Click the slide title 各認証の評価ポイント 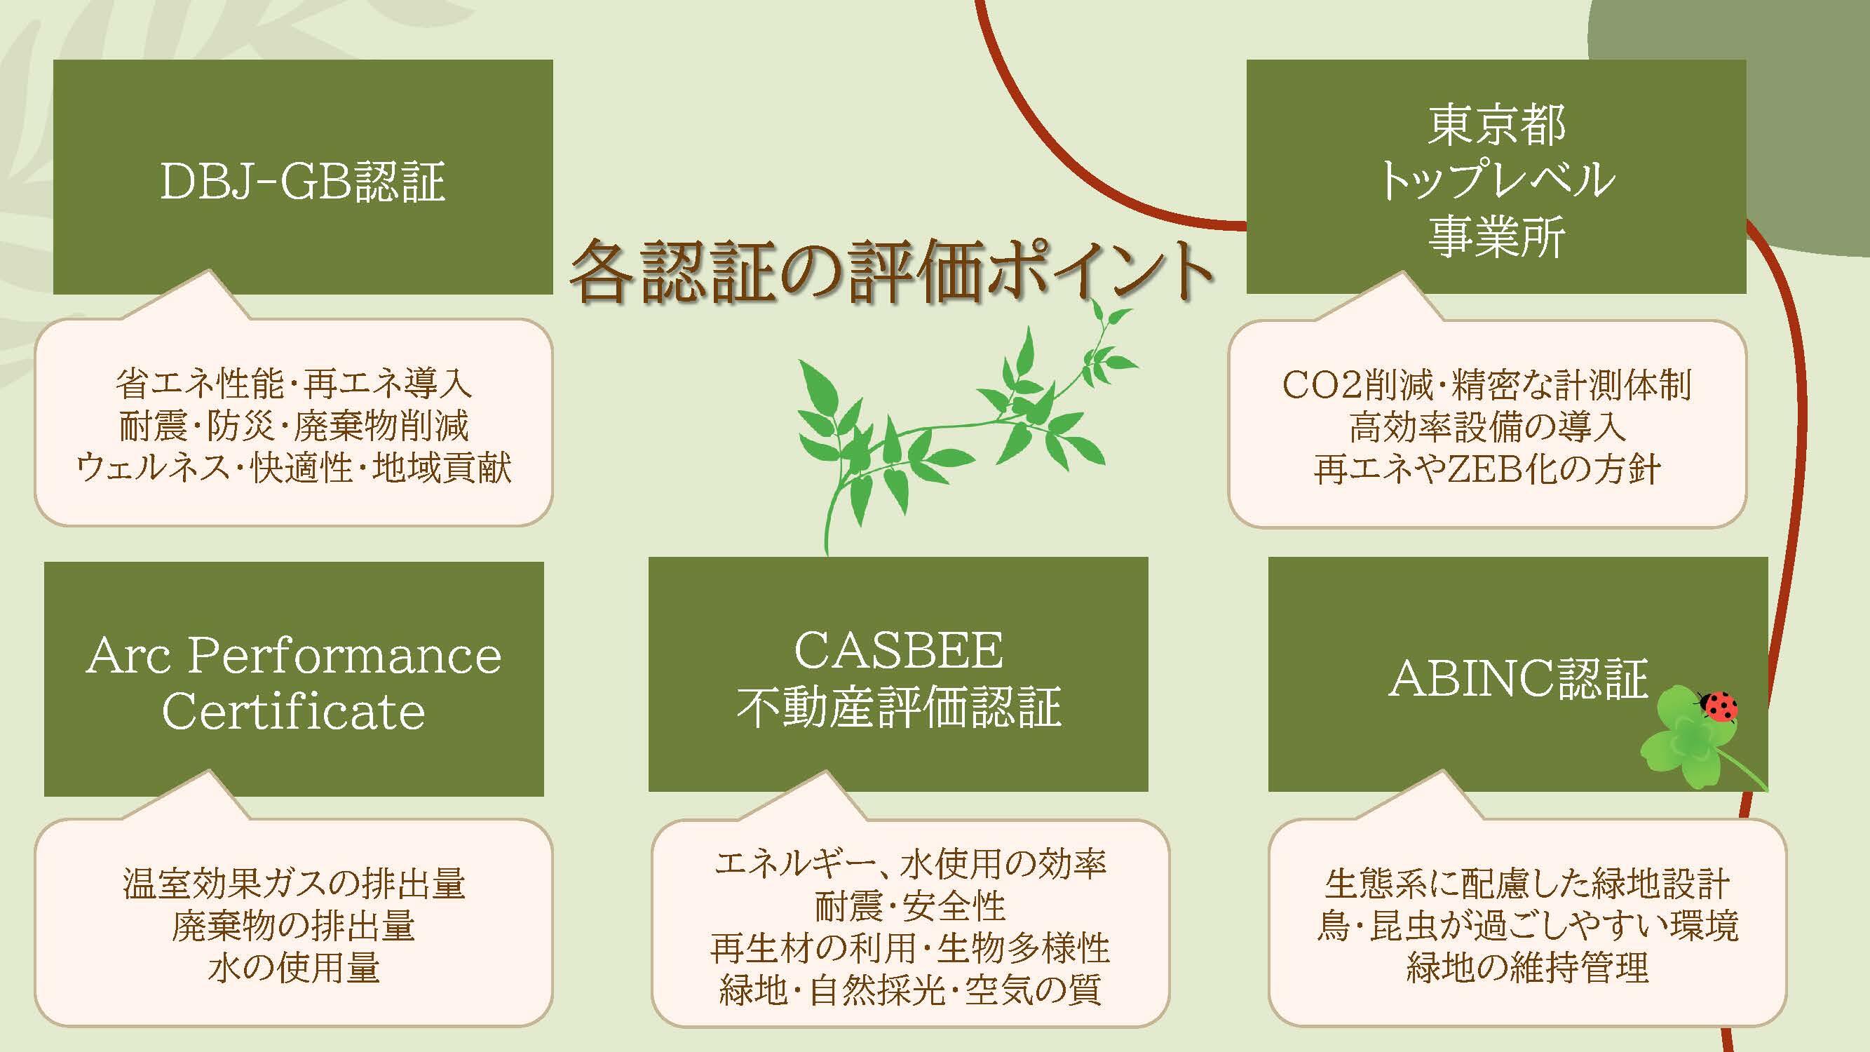pyautogui.click(x=891, y=271)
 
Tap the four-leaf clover pyautogui.click(x=1683, y=746)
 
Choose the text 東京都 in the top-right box pyautogui.click(x=1496, y=125)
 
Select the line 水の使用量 pyautogui.click(x=294, y=967)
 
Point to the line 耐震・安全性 pyautogui.click(x=909, y=905)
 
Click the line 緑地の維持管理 pyautogui.click(x=1527, y=967)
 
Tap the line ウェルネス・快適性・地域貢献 pyautogui.click(x=294, y=468)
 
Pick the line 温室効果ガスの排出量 pyautogui.click(x=294, y=883)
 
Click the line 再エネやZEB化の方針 pyautogui.click(x=1486, y=468)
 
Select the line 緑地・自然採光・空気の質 pyautogui.click(x=910, y=990)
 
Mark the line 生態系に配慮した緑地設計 pyautogui.click(x=1527, y=883)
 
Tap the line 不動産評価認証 pyautogui.click(x=899, y=706)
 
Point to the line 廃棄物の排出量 pyautogui.click(x=294, y=925)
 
